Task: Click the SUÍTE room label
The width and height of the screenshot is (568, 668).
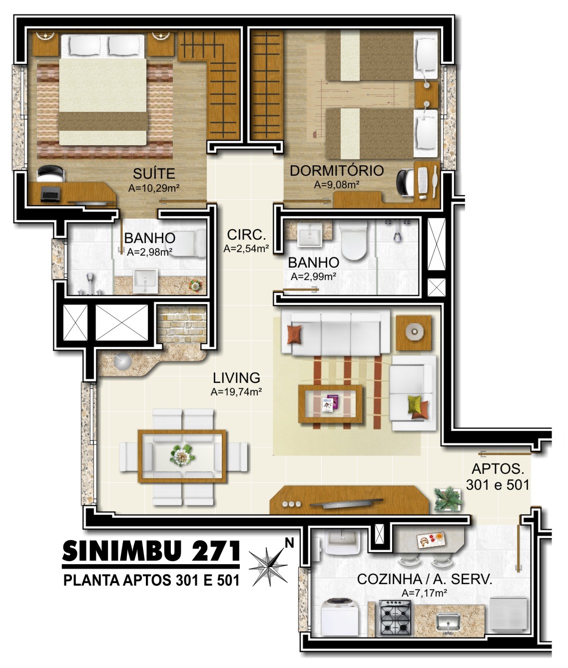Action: click(x=154, y=174)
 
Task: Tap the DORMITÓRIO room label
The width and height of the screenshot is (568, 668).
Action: click(x=337, y=171)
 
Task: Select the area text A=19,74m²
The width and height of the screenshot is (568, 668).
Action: click(x=236, y=392)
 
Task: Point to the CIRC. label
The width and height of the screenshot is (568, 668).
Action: click(x=246, y=235)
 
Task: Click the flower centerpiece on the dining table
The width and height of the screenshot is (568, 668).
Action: click(x=182, y=455)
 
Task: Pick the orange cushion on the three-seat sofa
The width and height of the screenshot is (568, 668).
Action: click(x=294, y=334)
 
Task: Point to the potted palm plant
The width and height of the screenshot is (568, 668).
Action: click(x=448, y=500)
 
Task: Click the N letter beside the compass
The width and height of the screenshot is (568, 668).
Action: click(x=289, y=544)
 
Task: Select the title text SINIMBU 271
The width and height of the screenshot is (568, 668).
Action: click(x=151, y=551)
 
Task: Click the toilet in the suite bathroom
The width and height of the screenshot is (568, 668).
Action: click(x=188, y=243)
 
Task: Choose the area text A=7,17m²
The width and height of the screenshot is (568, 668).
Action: click(x=425, y=593)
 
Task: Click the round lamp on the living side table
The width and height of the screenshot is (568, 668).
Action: click(x=414, y=332)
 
